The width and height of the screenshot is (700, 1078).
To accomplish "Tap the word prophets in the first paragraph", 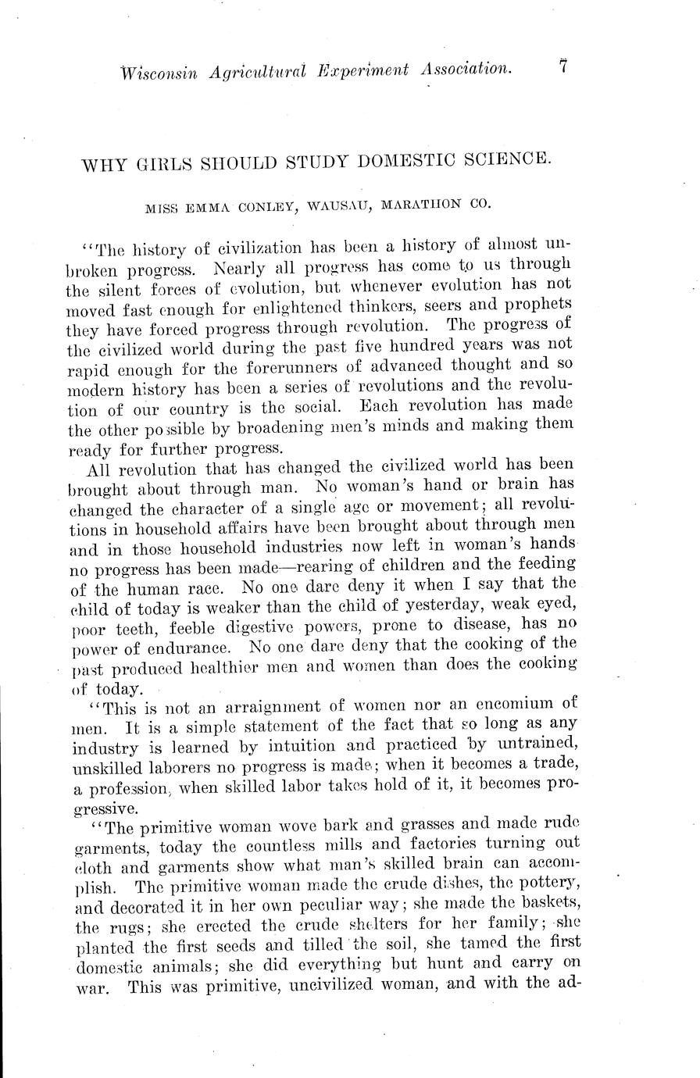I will click(538, 304).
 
